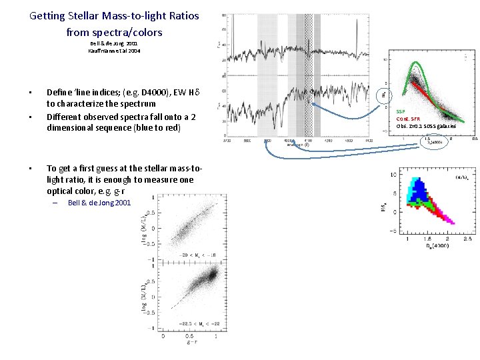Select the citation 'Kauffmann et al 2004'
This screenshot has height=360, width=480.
click(114, 51)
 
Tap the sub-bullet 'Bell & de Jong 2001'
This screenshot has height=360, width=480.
click(99, 203)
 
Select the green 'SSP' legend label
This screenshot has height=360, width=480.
click(400, 111)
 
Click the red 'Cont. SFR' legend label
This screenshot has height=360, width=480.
click(407, 119)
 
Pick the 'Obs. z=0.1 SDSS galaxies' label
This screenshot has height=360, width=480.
click(426, 126)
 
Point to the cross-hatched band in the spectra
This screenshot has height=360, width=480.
click(308, 73)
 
